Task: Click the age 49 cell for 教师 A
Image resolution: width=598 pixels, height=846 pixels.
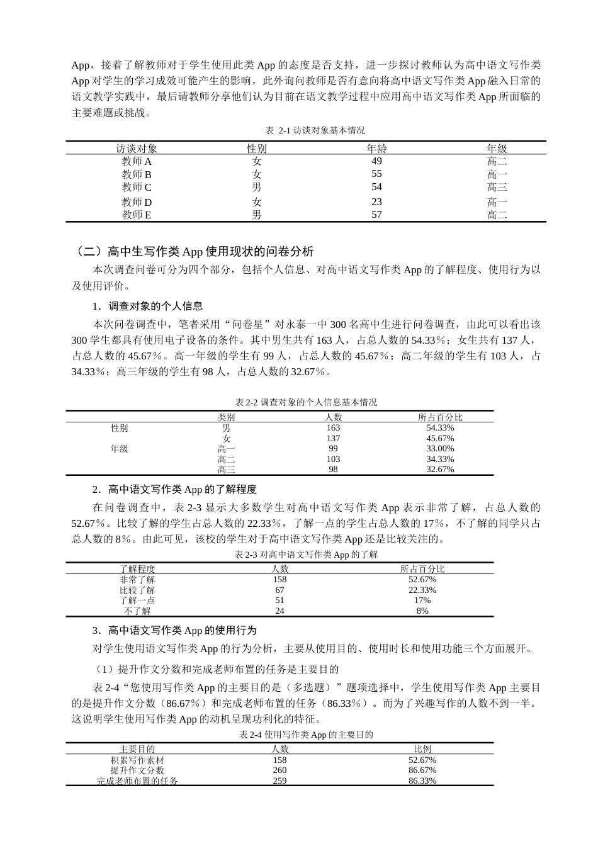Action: pyautogui.click(x=376, y=161)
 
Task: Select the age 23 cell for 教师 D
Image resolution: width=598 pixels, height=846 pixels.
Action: pyautogui.click(x=376, y=202)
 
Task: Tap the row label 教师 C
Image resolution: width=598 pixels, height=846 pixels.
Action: pyautogui.click(x=137, y=187)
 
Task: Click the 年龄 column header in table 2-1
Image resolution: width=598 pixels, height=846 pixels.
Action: pyautogui.click(x=376, y=149)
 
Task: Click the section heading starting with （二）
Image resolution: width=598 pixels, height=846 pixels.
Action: pyautogui.click(x=193, y=252)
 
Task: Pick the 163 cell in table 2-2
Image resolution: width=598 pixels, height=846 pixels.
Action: pyautogui.click(x=333, y=427)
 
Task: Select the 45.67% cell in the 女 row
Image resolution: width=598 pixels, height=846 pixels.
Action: pyautogui.click(x=440, y=438)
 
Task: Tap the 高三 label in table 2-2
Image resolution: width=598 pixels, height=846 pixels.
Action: pyautogui.click(x=226, y=470)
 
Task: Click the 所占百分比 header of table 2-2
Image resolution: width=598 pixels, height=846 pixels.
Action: pyautogui.click(x=440, y=417)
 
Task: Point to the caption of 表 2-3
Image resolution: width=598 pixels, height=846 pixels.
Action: pyautogui.click(x=306, y=555)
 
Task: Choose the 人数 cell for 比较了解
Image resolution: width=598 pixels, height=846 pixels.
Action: pyautogui.click(x=279, y=590)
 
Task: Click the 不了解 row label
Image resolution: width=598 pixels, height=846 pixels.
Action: pyautogui.click(x=137, y=611)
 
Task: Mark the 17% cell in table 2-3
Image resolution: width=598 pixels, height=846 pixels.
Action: pyautogui.click(x=422, y=600)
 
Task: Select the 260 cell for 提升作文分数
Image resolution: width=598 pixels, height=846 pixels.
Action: pyautogui.click(x=279, y=770)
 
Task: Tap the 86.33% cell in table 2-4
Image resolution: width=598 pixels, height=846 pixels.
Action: pyautogui.click(x=422, y=781)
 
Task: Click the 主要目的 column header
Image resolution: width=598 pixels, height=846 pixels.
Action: pyautogui.click(x=137, y=749)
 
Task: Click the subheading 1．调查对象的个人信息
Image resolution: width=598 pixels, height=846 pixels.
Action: pyautogui.click(x=147, y=307)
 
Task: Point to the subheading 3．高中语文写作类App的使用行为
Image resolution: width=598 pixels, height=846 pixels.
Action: pyautogui.click(x=174, y=630)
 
